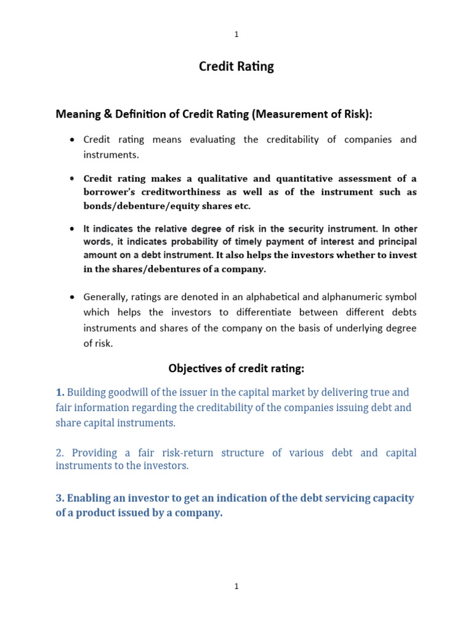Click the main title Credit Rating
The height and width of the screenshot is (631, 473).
click(x=236, y=67)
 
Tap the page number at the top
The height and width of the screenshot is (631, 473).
click(x=236, y=35)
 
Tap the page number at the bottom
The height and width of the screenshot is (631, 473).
click(x=236, y=587)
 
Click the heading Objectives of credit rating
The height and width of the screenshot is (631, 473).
click(x=236, y=368)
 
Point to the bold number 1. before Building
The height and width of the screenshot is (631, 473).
click(x=60, y=392)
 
